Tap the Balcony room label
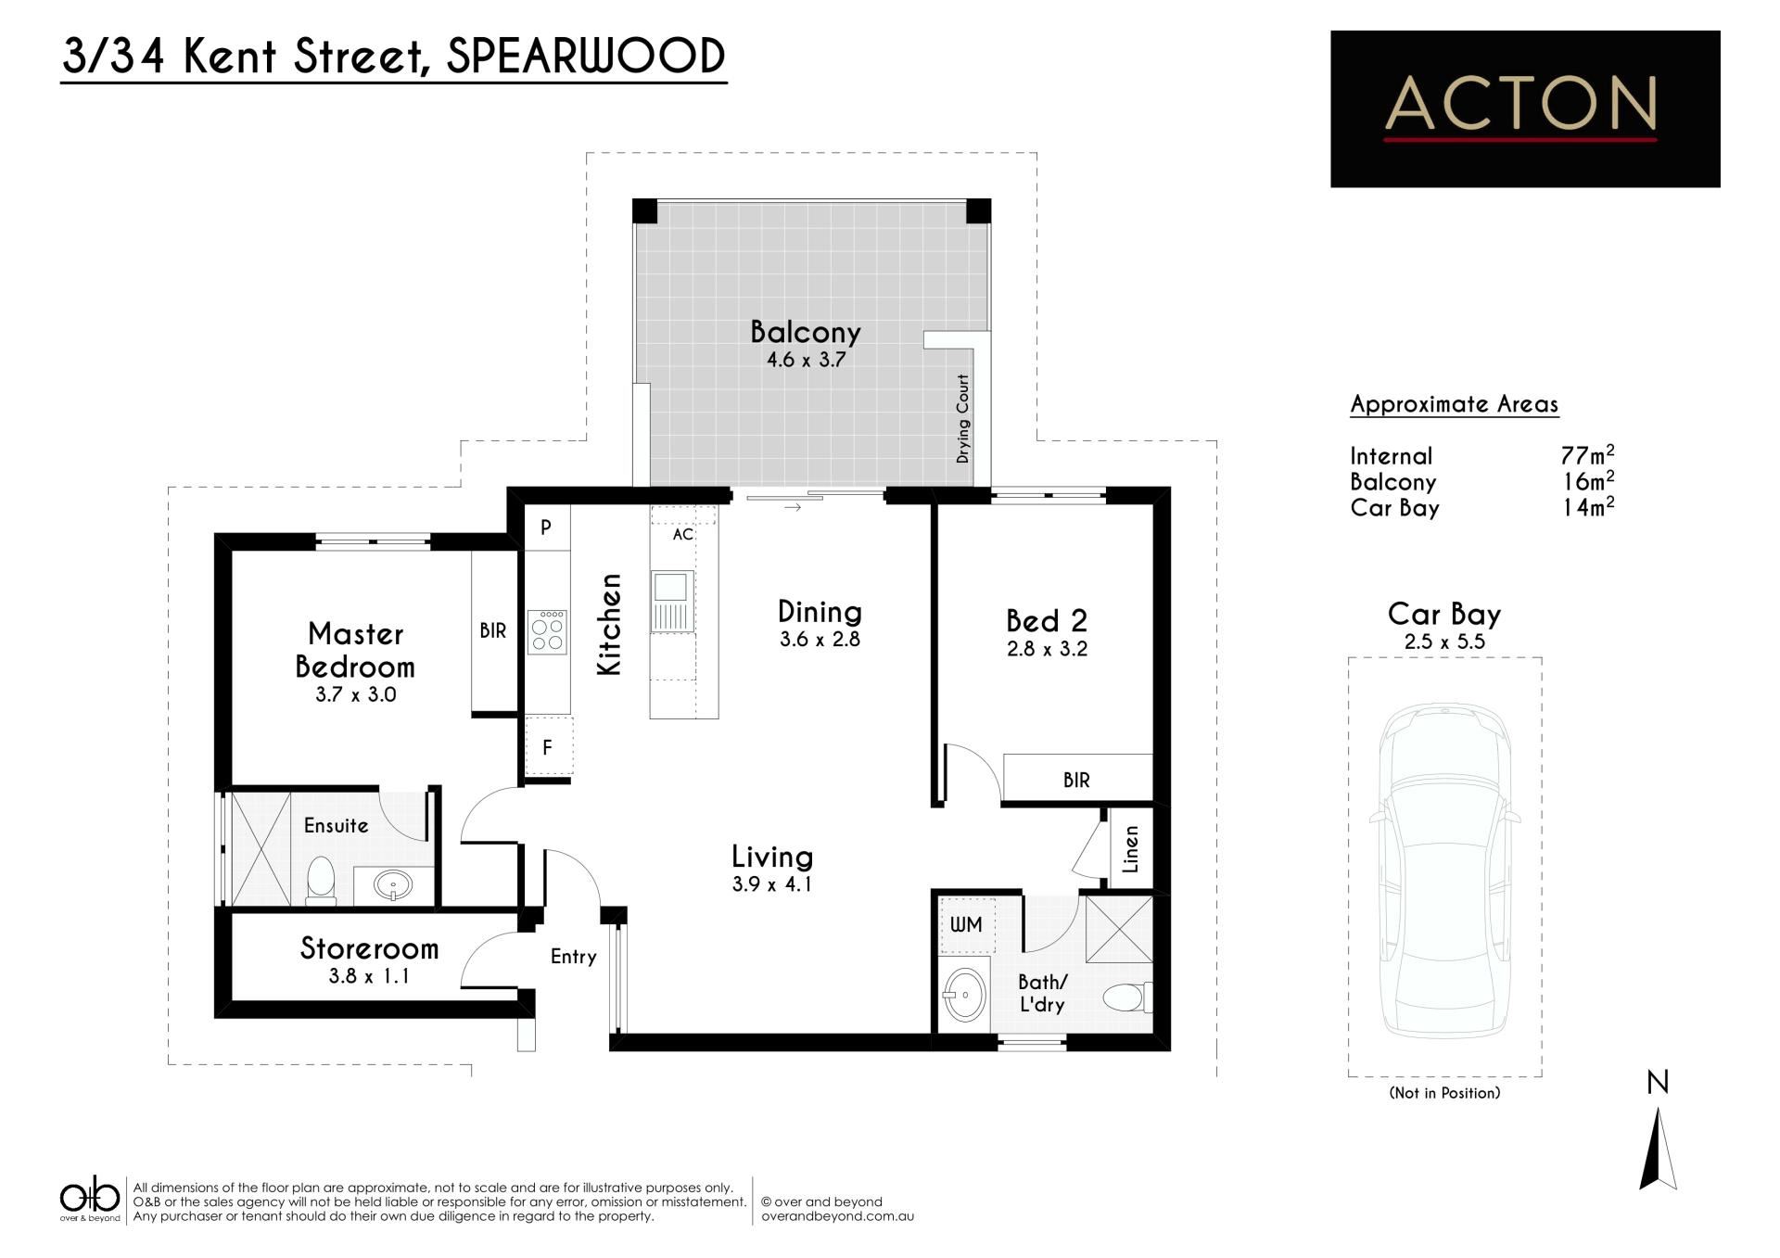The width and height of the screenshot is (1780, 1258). [x=806, y=332]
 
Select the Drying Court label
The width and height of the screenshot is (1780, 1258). [x=963, y=419]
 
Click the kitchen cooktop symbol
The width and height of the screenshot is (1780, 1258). [x=547, y=632]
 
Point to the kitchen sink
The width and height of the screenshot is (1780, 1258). [x=671, y=601]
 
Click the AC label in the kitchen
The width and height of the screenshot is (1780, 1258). [x=683, y=535]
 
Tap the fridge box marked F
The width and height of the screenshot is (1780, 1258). [x=548, y=746]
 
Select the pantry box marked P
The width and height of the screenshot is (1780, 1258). [x=546, y=527]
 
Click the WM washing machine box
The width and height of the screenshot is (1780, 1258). [x=967, y=925]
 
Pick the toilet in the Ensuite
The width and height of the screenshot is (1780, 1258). [x=321, y=882]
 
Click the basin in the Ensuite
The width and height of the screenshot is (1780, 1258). [x=394, y=885]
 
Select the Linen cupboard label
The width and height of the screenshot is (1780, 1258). [x=1131, y=849]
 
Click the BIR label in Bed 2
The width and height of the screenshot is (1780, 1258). [x=1076, y=781]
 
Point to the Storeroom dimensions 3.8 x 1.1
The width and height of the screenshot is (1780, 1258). [x=369, y=976]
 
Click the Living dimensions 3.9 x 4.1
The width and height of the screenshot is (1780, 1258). [x=772, y=884]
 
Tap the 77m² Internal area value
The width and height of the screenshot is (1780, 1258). [x=1587, y=455]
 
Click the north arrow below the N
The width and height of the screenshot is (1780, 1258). [x=1659, y=1150]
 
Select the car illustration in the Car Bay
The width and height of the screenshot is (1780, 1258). [x=1445, y=871]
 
